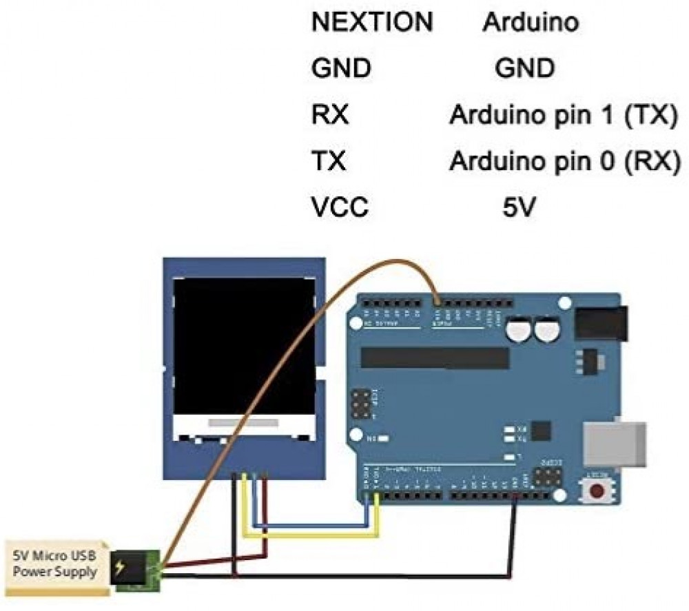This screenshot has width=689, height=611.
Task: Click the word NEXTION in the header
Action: point(372,23)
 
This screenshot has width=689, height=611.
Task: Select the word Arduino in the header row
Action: point(530,23)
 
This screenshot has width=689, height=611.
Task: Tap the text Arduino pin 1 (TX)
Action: point(560,115)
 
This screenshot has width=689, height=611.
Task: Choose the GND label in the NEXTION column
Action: point(341,68)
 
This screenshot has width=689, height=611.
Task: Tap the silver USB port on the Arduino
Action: point(615,441)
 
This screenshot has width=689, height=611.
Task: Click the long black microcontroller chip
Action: point(435,357)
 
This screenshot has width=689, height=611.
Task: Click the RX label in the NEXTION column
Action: point(330,115)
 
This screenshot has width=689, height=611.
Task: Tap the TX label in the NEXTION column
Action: point(329,162)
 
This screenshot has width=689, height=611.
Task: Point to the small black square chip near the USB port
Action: point(542,431)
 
